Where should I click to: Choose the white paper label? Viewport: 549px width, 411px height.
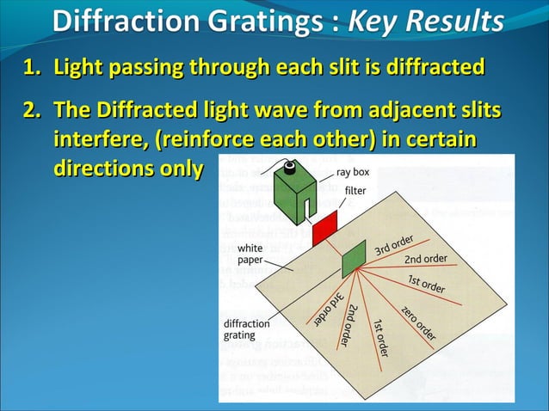pyautogui.click(x=250, y=254)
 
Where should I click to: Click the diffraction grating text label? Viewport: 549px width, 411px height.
pyautogui.click(x=246, y=329)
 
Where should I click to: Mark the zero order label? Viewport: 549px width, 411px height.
pyautogui.click(x=419, y=322)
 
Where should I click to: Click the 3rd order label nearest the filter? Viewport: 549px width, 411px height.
pyautogui.click(x=395, y=244)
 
